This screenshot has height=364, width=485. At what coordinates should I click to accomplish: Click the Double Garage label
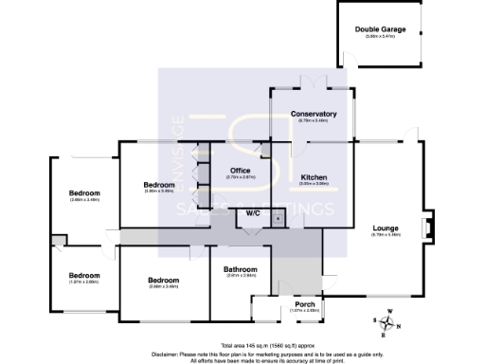point(380,29)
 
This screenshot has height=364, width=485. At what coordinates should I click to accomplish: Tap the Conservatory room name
point(313,114)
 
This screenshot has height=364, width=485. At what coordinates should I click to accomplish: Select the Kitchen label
point(314,177)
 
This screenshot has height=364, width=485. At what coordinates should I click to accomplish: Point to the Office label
point(241,171)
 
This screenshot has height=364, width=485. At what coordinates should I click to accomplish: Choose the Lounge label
point(386,227)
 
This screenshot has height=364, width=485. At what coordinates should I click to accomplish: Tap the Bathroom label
point(241,269)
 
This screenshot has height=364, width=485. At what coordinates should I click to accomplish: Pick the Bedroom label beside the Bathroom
point(164,280)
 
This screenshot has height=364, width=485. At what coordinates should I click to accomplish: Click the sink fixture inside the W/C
point(278,218)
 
